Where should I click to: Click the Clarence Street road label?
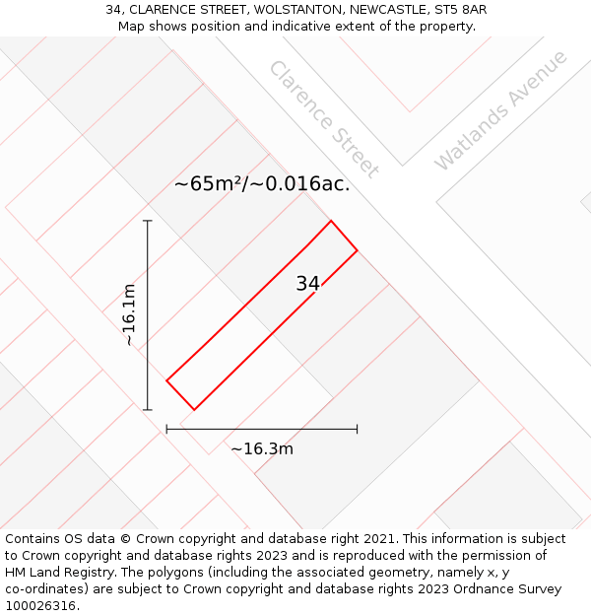pos(323,119)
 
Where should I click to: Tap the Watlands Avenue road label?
pos(500,109)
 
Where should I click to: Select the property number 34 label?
pos(307,284)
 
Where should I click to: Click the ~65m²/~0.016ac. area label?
pos(262,183)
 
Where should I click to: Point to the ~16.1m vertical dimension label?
pos(129,314)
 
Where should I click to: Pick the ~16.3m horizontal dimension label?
pos(262,449)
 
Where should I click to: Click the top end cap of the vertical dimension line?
pos(148,221)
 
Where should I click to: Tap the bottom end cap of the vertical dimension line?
pos(148,409)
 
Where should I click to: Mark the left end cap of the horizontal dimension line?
pos(166,429)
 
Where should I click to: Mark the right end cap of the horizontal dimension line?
pos(357,429)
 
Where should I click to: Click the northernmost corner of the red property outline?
pos(331,221)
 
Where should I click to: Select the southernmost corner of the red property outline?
pos(194,409)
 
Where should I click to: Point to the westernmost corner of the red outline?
pos(166,379)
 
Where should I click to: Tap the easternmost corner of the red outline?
pos(357,250)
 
